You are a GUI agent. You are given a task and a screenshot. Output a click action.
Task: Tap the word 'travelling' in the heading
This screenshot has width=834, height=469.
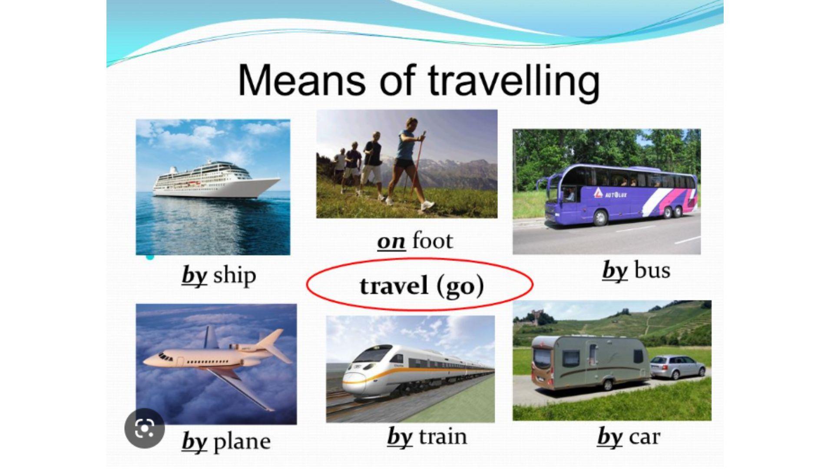pos(514,83)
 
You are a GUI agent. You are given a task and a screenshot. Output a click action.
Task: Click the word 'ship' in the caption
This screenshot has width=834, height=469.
pos(235,276)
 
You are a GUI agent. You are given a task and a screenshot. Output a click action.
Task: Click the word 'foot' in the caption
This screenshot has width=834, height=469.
pos(432,240)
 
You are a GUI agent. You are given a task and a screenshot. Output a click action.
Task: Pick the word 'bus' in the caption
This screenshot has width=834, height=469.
pos(652,270)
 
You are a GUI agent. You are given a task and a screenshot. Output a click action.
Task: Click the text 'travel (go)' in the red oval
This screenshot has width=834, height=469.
pos(422,286)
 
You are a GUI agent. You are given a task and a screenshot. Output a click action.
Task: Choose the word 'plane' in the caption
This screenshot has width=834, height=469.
pos(242,442)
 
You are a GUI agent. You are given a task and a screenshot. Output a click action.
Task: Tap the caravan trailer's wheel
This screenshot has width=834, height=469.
pos(608,384)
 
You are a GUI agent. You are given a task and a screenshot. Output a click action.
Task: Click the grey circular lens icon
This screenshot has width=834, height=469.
pos(145,429)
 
